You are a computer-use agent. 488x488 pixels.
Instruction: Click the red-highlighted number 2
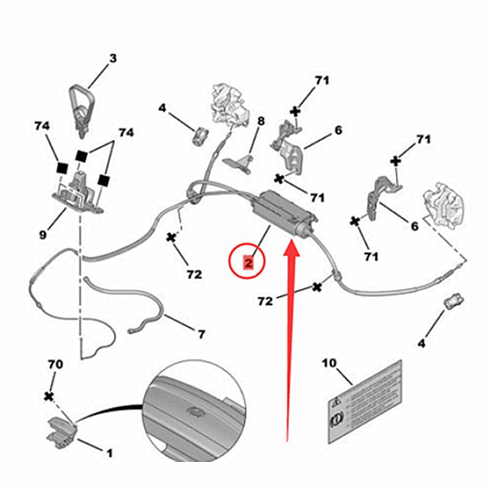pos(248,263)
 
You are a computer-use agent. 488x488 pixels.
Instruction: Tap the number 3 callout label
pos(112,59)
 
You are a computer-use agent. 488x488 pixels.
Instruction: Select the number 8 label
pos(260,121)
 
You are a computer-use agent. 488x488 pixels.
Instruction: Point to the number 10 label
pos(329,363)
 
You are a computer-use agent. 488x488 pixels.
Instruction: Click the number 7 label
pos(201,334)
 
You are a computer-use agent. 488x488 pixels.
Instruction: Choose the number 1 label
pos(110,453)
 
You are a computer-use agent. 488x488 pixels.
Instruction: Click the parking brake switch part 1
pos(59,427)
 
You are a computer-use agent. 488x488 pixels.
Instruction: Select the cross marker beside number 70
pos(49,396)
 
